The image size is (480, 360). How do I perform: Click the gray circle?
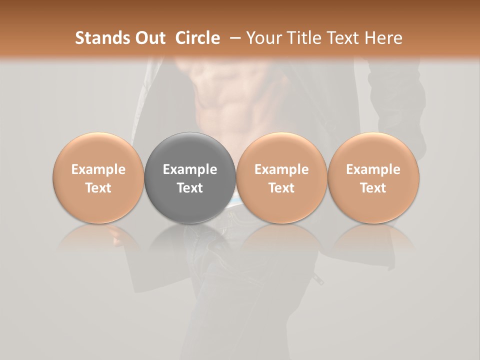pos(190,177)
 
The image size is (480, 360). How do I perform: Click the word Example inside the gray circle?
pos(190,169)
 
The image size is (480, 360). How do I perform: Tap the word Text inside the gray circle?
pos(190,188)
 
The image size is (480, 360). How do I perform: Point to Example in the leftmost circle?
pos(98,169)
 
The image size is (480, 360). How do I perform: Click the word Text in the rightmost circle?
pos(373,188)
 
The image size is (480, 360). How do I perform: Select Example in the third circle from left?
pos(281,169)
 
